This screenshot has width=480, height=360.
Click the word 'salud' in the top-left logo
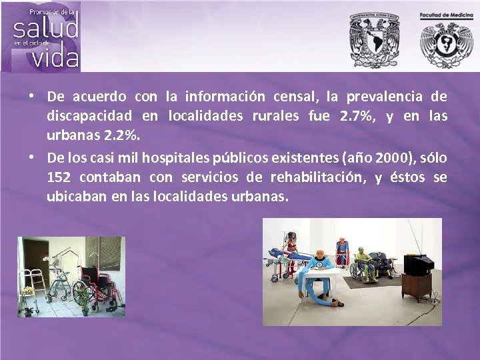pyautogui.click(x=45, y=27)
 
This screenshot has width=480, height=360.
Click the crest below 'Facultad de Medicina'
pyautogui.click(x=445, y=44)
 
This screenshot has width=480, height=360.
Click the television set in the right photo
pyautogui.click(x=419, y=265)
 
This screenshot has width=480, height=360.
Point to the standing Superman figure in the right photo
pyautogui.click(x=341, y=250)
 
